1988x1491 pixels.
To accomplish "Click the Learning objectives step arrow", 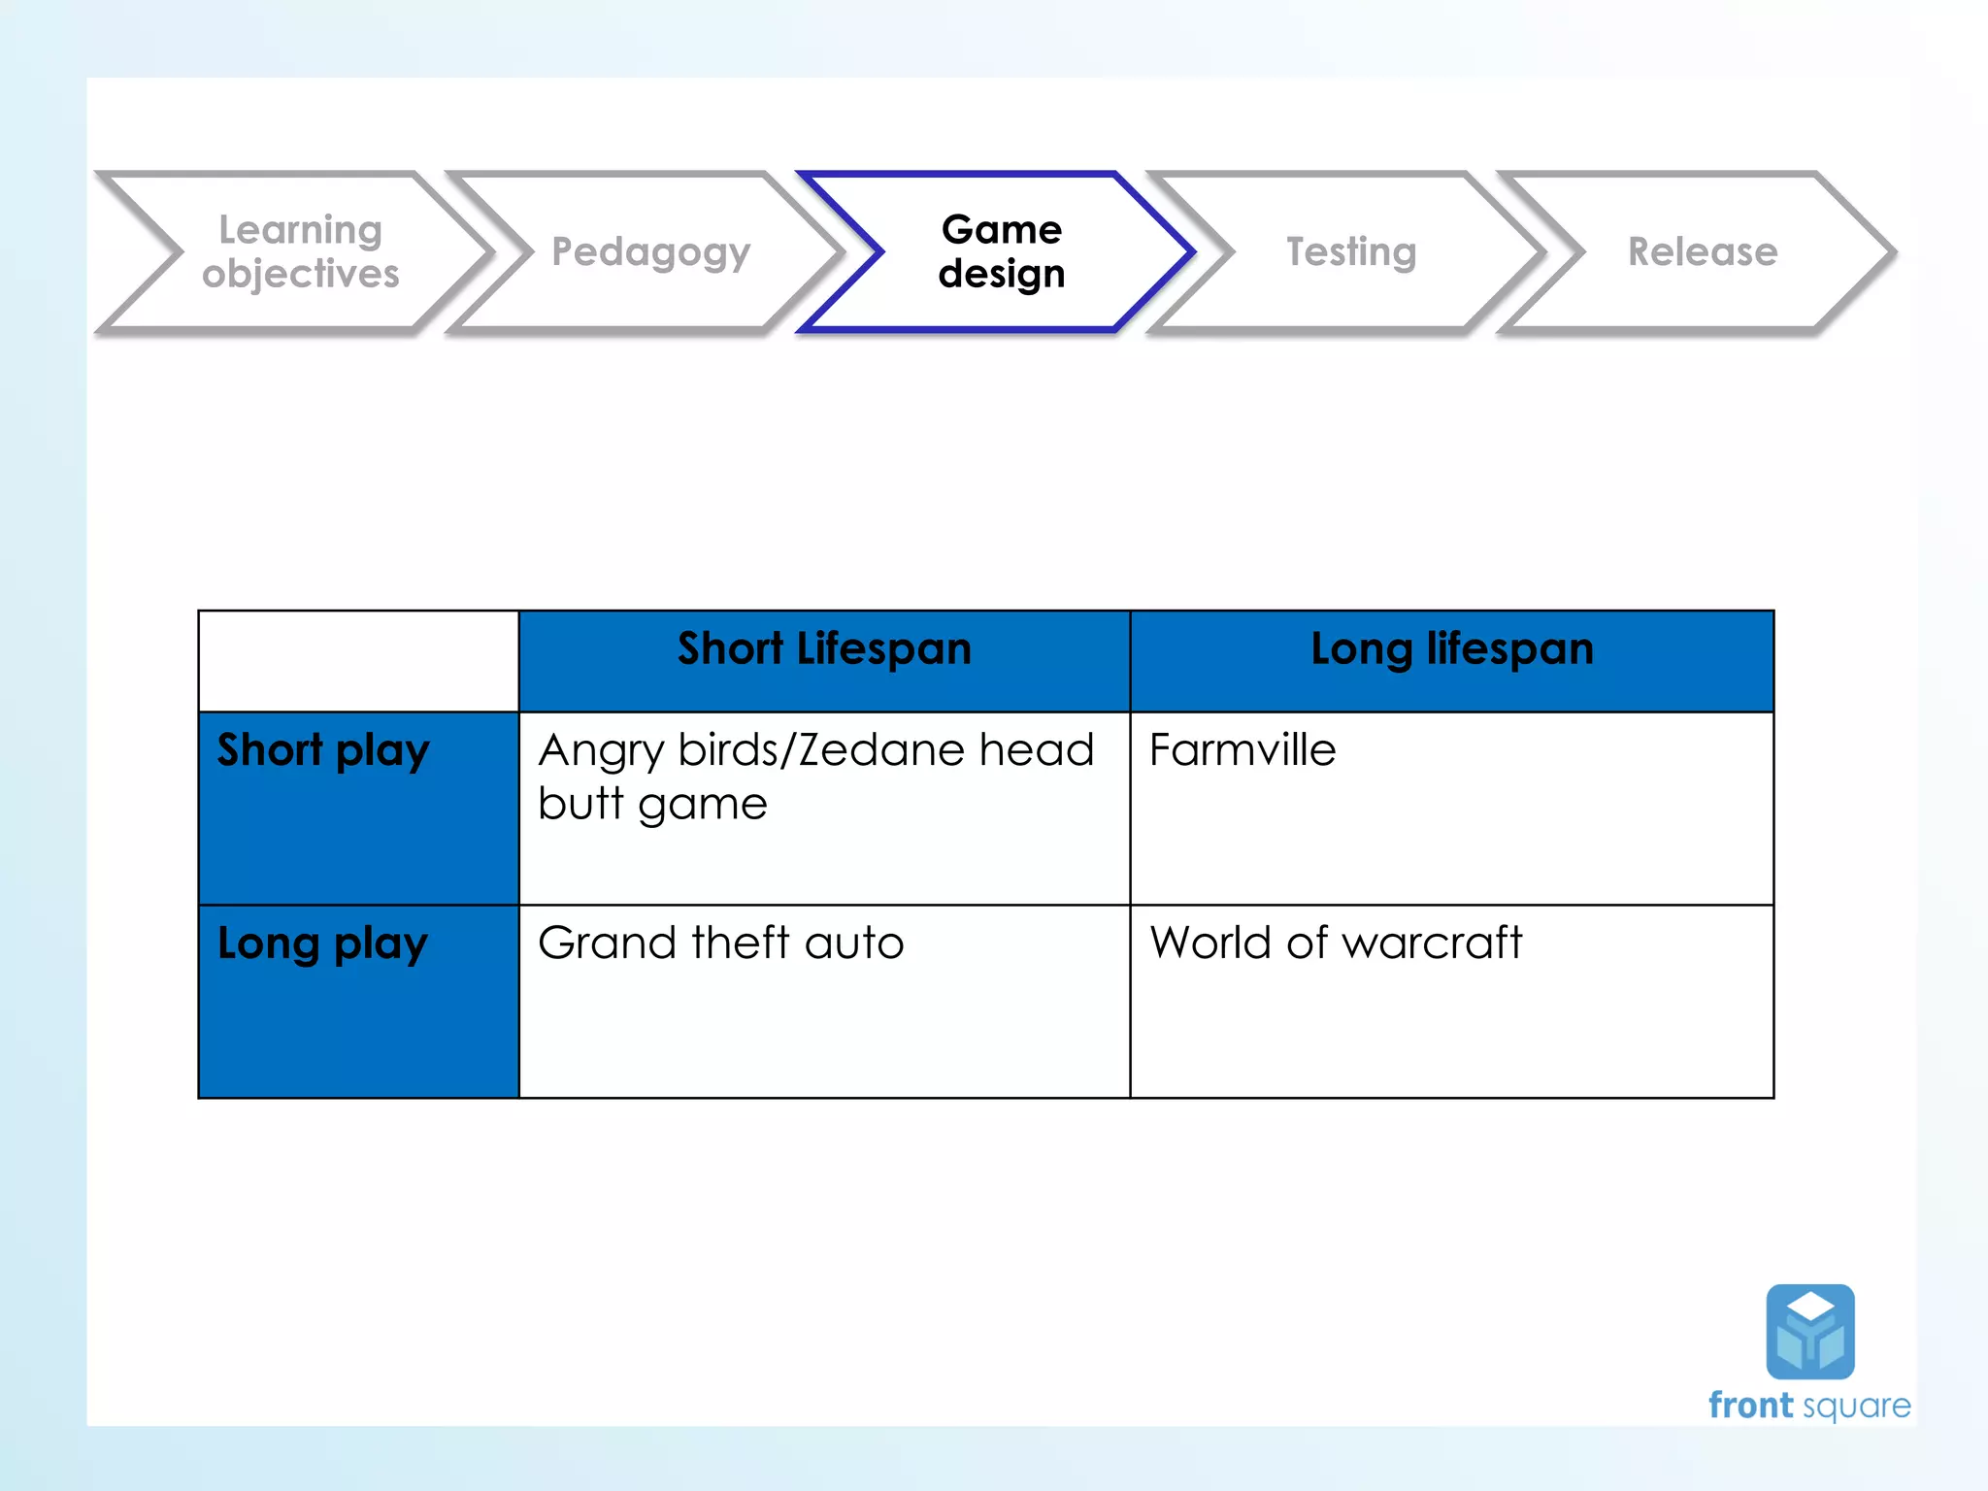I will pos(300,251).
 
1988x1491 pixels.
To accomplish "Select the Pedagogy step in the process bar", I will pos(650,251).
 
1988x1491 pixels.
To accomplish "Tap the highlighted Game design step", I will pos(1001,251).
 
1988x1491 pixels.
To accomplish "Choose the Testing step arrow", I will pos(1351,251).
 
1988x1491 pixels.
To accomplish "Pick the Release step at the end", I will pos(1703,251).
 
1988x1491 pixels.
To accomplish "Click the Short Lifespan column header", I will pos(824,649).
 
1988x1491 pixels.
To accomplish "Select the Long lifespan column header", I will pos(1452,649).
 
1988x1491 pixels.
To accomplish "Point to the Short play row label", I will pos(323,751).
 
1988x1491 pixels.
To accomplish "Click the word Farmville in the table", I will pos(1242,750).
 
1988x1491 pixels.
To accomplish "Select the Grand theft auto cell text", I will pos(720,943).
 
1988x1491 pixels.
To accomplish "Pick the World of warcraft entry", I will pos(1336,943).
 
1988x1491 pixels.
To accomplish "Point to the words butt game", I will pos(652,805).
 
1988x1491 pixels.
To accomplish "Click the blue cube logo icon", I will pos(1810,1331).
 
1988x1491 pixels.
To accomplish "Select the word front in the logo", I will pos(1750,1406).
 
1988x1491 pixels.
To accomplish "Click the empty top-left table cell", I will pos(358,661).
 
